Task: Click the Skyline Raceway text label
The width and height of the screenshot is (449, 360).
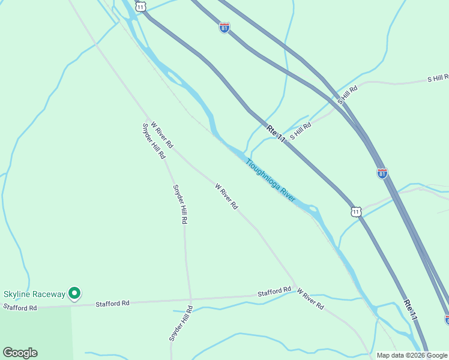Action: click(34, 294)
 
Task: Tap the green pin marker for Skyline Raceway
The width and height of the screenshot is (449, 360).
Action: click(74, 293)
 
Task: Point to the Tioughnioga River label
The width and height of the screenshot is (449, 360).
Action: click(270, 180)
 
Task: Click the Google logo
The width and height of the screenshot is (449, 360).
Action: click(20, 353)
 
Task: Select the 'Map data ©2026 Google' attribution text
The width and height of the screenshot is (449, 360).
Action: click(412, 355)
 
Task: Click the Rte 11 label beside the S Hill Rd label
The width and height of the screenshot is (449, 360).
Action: click(276, 133)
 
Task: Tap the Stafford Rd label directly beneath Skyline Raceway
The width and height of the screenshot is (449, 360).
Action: click(20, 307)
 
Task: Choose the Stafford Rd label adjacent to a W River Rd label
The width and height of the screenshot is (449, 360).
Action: click(274, 292)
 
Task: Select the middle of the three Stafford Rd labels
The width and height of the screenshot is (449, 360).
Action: click(113, 304)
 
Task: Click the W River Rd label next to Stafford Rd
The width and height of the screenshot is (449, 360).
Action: click(310, 298)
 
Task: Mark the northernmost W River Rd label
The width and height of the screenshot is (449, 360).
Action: click(162, 136)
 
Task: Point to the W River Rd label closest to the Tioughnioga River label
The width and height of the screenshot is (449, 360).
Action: click(226, 196)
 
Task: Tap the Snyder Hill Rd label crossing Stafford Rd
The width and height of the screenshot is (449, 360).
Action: click(181, 324)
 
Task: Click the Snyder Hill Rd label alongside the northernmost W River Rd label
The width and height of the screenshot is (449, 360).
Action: click(154, 141)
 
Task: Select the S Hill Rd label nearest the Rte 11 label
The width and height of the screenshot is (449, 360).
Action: click(301, 131)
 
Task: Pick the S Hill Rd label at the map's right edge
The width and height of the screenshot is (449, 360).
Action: click(438, 79)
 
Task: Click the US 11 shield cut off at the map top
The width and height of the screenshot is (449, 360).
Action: click(140, 5)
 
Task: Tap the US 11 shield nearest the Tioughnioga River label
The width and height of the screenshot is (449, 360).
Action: click(357, 211)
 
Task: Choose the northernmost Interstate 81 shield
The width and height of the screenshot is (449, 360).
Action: click(224, 28)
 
